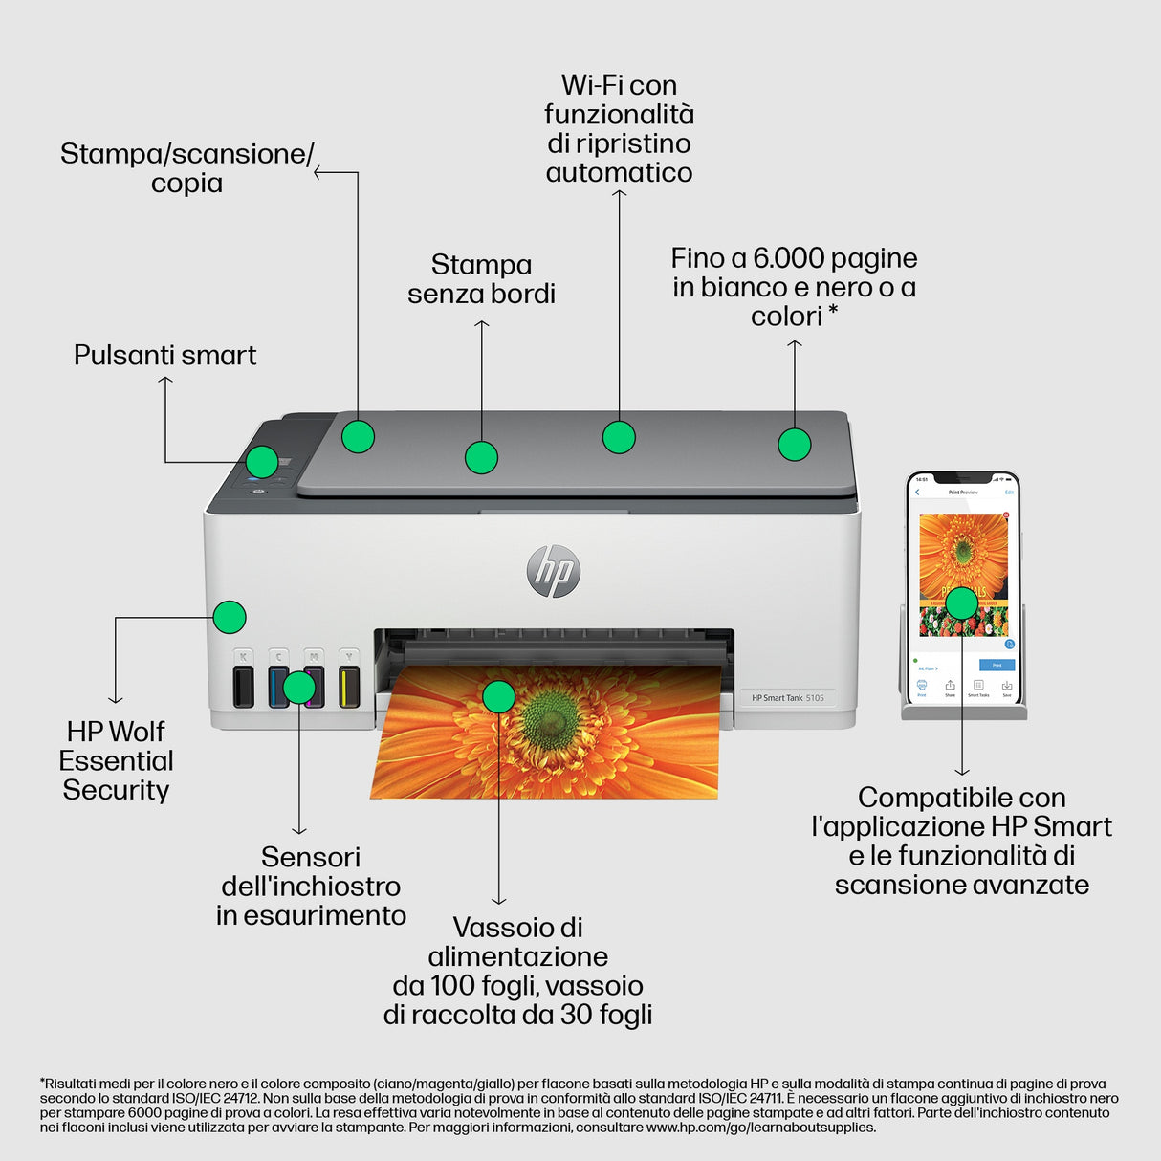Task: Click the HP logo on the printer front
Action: (x=553, y=571)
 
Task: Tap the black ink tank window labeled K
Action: (x=243, y=686)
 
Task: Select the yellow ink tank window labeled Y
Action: (x=349, y=686)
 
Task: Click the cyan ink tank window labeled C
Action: (x=278, y=686)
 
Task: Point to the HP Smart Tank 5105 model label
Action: (x=787, y=698)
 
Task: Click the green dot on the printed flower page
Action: (x=498, y=696)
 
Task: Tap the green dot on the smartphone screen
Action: (x=961, y=602)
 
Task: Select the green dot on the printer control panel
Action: (x=261, y=462)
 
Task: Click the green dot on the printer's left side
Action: (x=230, y=617)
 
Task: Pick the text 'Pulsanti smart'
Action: (x=164, y=356)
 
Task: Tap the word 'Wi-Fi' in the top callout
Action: (x=591, y=85)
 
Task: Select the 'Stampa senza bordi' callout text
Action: (x=481, y=279)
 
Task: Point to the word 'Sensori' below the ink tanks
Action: (x=311, y=857)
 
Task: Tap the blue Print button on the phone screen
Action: (x=997, y=665)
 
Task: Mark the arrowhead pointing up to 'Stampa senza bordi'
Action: (x=481, y=324)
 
